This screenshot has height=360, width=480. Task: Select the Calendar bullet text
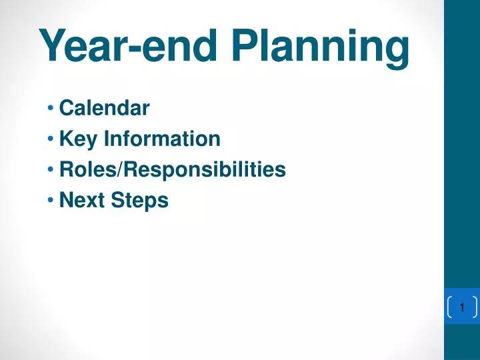tap(104, 108)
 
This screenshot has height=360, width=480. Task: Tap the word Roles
tap(87, 169)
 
